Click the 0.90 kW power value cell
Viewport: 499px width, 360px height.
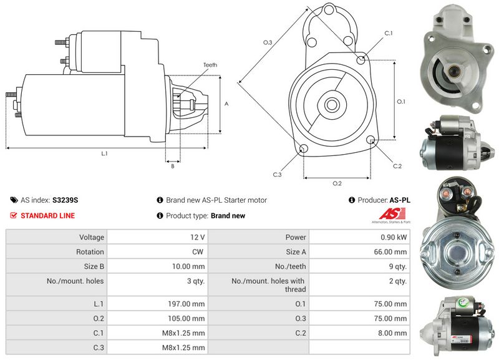[395, 237]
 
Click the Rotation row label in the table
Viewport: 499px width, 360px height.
[91, 252]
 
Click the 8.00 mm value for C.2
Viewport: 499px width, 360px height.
[396, 333]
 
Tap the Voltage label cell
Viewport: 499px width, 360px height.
[91, 237]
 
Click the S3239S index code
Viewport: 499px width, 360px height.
[65, 200]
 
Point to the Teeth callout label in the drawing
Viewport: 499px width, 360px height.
[210, 65]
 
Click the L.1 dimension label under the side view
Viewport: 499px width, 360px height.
[104, 153]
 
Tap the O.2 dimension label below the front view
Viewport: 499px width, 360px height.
[337, 183]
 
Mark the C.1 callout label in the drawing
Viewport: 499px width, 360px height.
[388, 32]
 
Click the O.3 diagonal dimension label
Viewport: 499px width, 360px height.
[268, 42]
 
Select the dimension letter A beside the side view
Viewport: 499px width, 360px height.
[226, 104]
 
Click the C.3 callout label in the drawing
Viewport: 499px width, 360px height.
[278, 175]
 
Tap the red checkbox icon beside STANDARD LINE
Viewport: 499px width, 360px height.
[14, 216]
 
